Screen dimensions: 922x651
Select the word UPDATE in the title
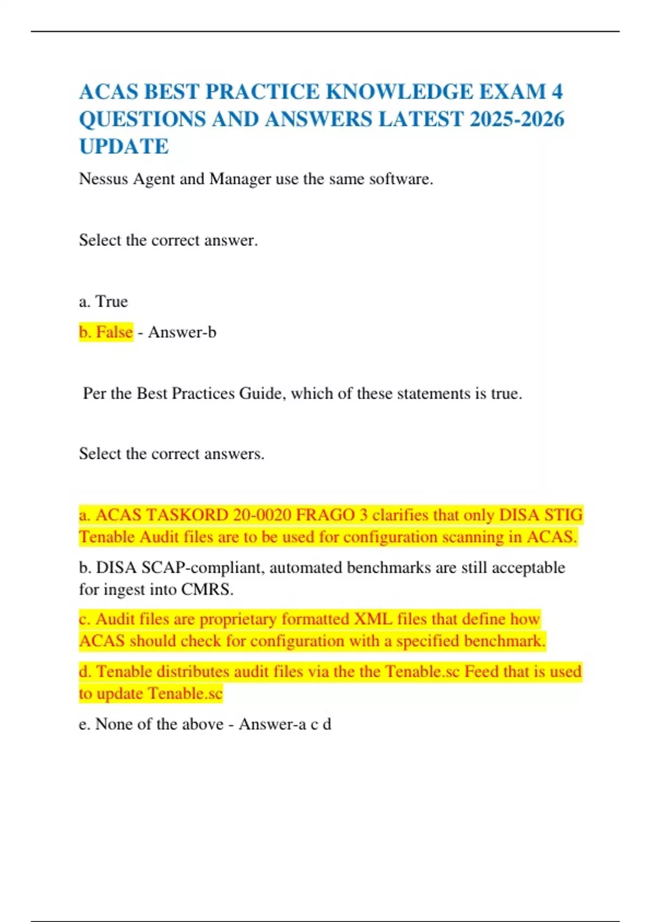tap(124, 146)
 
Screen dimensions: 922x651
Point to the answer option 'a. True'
tap(103, 301)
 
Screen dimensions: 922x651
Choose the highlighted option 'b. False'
tap(106, 331)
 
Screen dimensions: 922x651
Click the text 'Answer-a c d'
tap(285, 723)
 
